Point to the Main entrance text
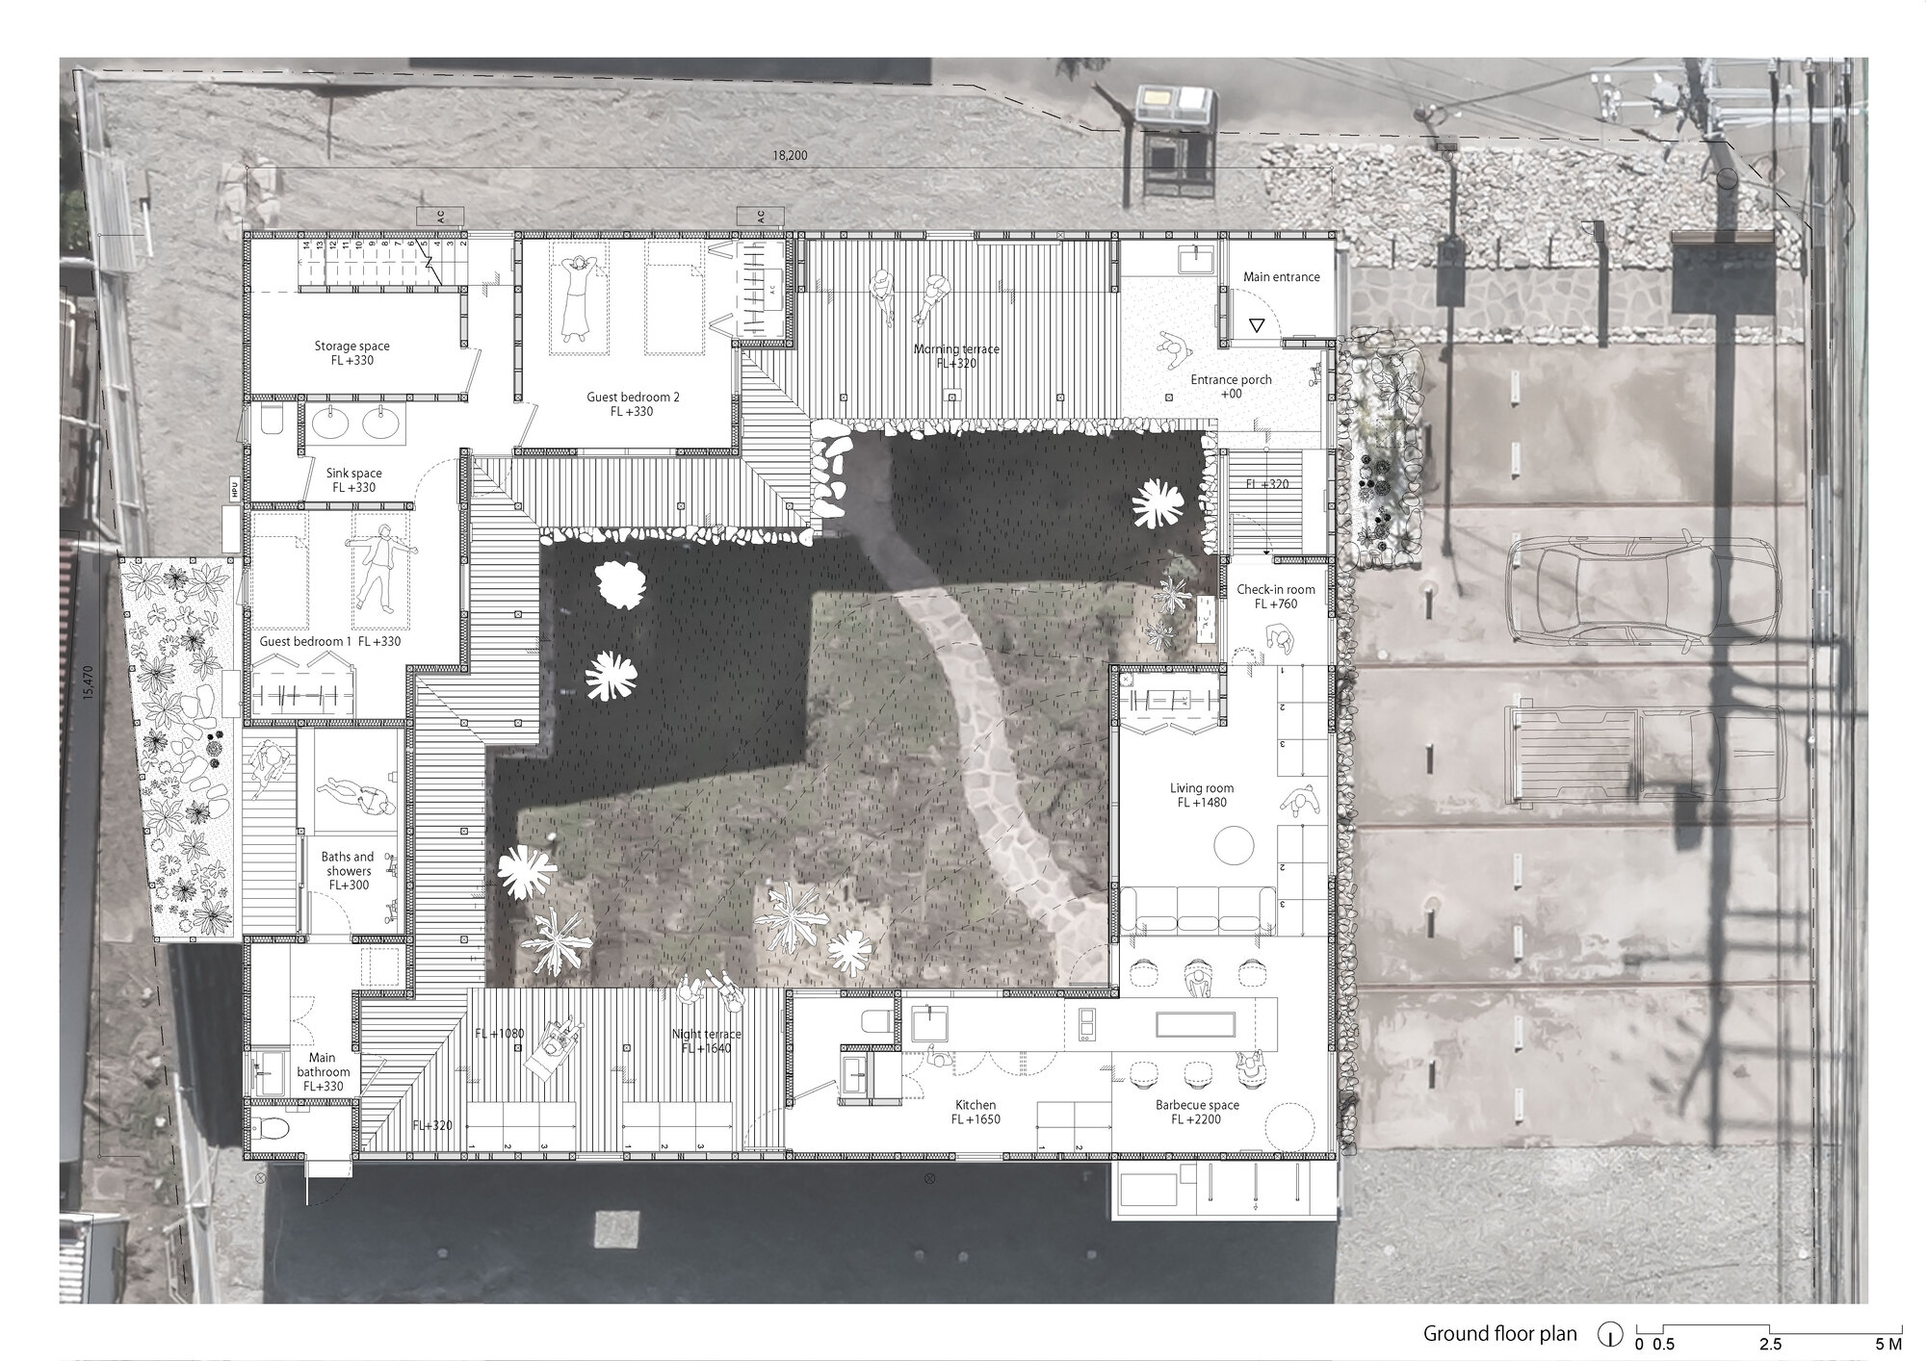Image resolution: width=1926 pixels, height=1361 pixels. tap(1281, 277)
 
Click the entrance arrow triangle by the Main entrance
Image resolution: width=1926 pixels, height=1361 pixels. tap(1257, 326)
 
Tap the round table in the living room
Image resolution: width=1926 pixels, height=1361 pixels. tap(1233, 848)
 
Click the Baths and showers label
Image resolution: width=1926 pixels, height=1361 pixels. tap(348, 863)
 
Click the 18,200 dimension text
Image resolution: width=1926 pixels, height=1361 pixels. tap(790, 155)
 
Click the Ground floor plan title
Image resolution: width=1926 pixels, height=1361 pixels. tap(1500, 1333)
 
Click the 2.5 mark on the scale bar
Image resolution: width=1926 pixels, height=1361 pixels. tap(1770, 1344)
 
